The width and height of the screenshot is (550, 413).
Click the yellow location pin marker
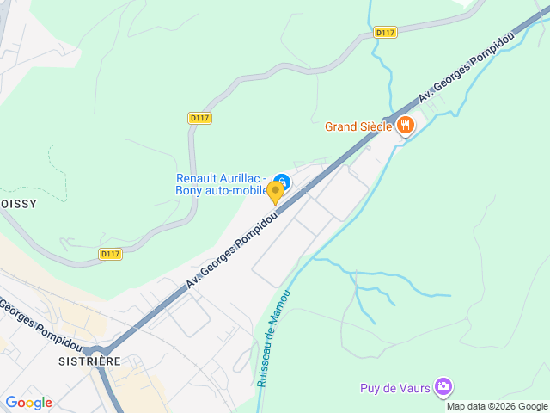276,193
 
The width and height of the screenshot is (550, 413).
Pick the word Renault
197,179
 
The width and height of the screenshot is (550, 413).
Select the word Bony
189,191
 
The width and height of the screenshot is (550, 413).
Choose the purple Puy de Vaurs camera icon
443,386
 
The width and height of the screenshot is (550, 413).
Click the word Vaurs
414,388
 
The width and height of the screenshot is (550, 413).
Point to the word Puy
370,388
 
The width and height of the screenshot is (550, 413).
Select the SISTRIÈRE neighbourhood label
89,361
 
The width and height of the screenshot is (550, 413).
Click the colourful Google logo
27,403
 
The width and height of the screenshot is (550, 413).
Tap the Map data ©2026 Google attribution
496,406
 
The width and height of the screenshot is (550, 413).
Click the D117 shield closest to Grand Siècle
385,33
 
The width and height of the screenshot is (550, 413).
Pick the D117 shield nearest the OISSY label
110,254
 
